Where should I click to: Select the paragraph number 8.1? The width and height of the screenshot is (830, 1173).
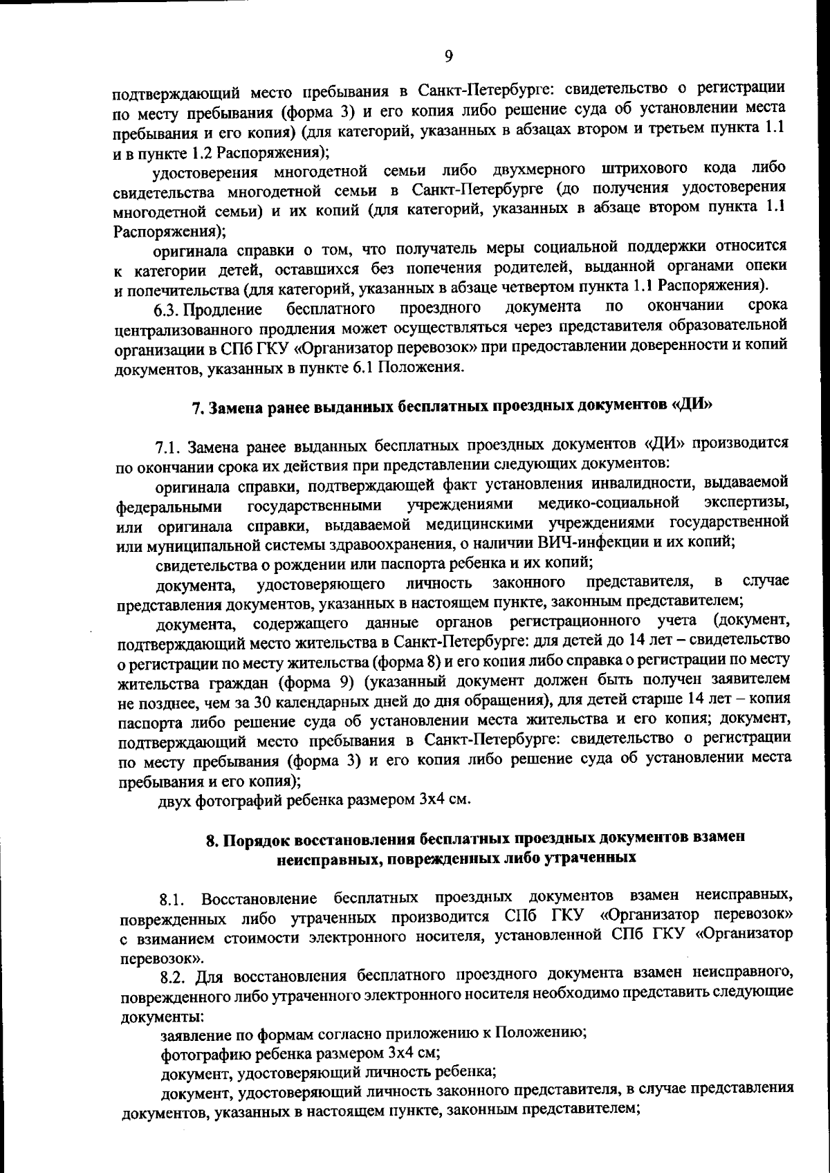(173, 900)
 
